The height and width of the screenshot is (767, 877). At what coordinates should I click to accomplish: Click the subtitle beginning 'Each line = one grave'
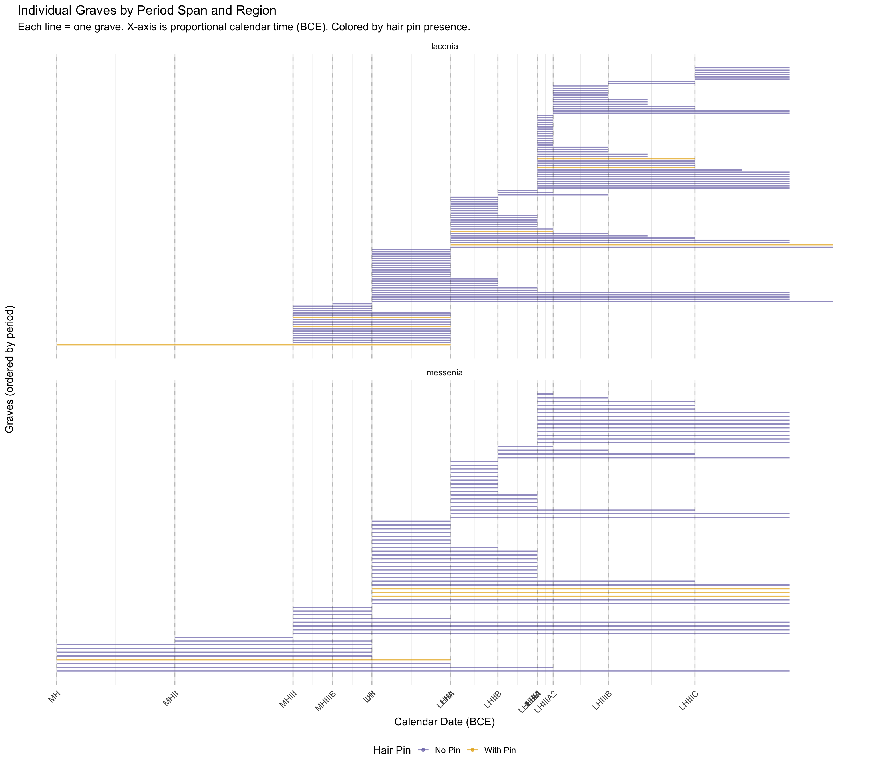click(244, 27)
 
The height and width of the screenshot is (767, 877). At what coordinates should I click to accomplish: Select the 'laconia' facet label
click(444, 47)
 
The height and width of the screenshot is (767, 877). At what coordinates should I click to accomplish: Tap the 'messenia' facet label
click(444, 372)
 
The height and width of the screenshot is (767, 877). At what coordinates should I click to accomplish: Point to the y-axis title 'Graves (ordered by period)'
click(9, 369)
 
